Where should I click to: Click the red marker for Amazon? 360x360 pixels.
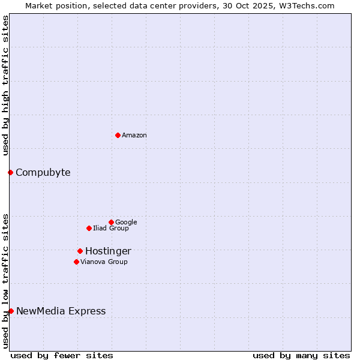[x=118, y=135]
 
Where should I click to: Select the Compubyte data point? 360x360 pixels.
[x=10, y=173]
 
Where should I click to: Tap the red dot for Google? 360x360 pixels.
[x=111, y=222]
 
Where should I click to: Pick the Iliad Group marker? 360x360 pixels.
[x=89, y=228]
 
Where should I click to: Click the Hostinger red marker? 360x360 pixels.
[x=80, y=251]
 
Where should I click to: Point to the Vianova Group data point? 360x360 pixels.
[x=76, y=262]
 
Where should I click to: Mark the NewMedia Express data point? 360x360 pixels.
[x=11, y=311]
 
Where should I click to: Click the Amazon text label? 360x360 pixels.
[x=134, y=136]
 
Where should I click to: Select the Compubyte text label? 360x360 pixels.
[x=43, y=173]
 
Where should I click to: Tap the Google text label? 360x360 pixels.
[x=126, y=223]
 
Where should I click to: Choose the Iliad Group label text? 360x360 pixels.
[x=110, y=229]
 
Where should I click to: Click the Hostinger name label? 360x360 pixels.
[x=108, y=251]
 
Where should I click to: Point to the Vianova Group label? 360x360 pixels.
[x=104, y=262]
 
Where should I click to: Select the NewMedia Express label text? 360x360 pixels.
[x=61, y=311]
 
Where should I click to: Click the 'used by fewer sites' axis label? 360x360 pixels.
[x=62, y=355]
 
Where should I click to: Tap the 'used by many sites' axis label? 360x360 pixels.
[x=301, y=355]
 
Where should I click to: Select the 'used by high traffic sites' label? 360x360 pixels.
[x=5, y=85]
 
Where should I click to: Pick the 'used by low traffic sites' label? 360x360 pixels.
[x=5, y=280]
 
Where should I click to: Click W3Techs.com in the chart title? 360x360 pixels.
[x=309, y=5]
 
